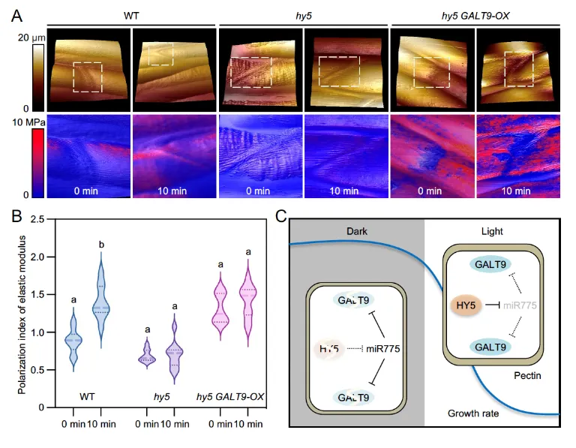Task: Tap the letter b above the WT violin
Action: pos(99,244)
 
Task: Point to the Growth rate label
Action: pos(474,413)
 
